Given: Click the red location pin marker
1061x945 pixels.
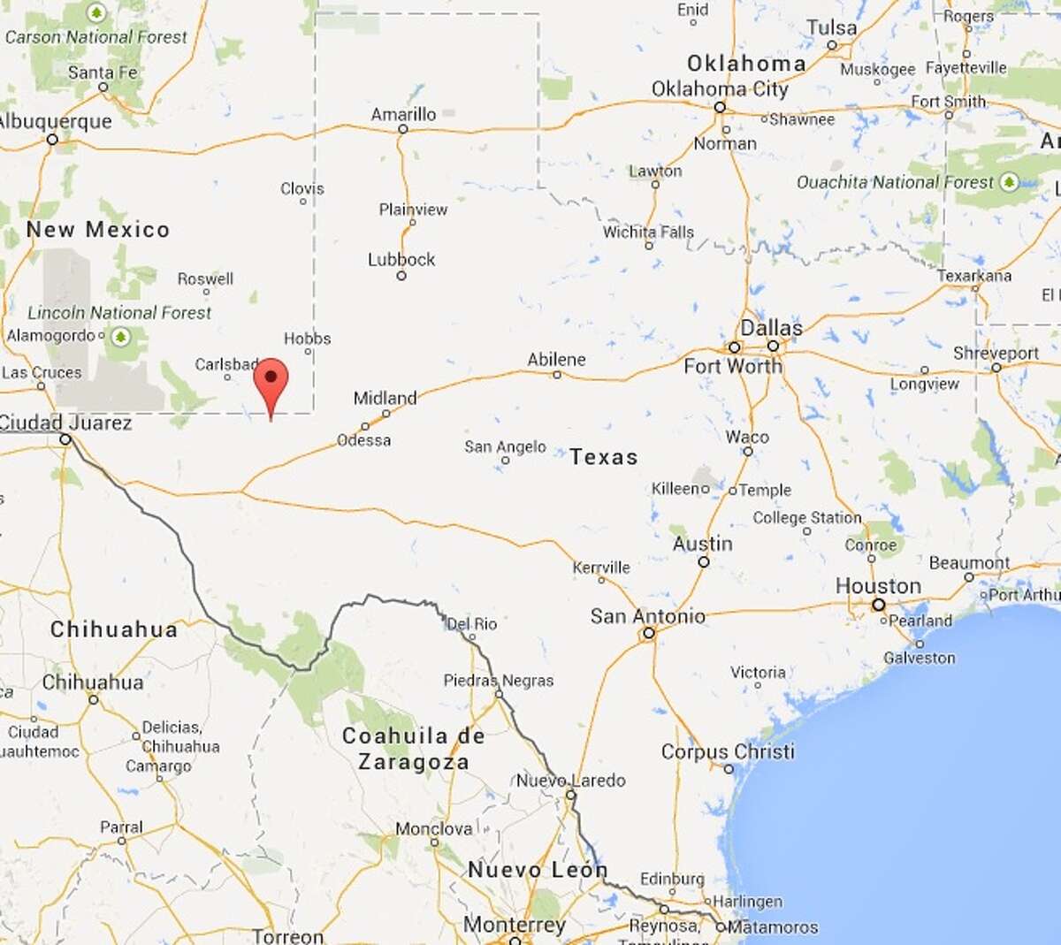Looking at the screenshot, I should coord(271,380).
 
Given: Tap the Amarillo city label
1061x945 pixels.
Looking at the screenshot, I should coord(403,114).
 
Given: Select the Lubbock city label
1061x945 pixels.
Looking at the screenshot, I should coord(401,259).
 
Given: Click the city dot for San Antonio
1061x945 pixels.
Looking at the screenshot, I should coord(649,633).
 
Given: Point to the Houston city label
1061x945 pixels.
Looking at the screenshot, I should coord(878,585).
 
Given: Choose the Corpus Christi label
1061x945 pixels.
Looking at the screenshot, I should coord(728,751).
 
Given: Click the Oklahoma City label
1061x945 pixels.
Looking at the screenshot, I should coord(720,88).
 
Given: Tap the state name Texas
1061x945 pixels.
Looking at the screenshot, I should coord(603,456).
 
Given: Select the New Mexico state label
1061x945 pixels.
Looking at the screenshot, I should coord(97,229).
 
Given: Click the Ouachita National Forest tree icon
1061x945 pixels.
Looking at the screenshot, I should coord(1009,183).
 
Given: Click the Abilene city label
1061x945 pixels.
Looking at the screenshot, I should coord(556,359).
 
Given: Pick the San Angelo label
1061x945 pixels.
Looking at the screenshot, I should coord(505,446).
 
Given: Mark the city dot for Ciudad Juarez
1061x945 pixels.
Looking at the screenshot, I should coord(65,439).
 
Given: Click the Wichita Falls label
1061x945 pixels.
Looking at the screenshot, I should coord(648,232).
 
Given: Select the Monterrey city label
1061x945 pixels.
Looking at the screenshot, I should coord(514,925).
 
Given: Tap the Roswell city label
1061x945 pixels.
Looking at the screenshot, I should coord(205,278).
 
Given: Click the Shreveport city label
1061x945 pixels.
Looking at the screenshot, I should coord(996,353).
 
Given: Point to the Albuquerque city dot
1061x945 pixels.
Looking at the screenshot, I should coord(52,140).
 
